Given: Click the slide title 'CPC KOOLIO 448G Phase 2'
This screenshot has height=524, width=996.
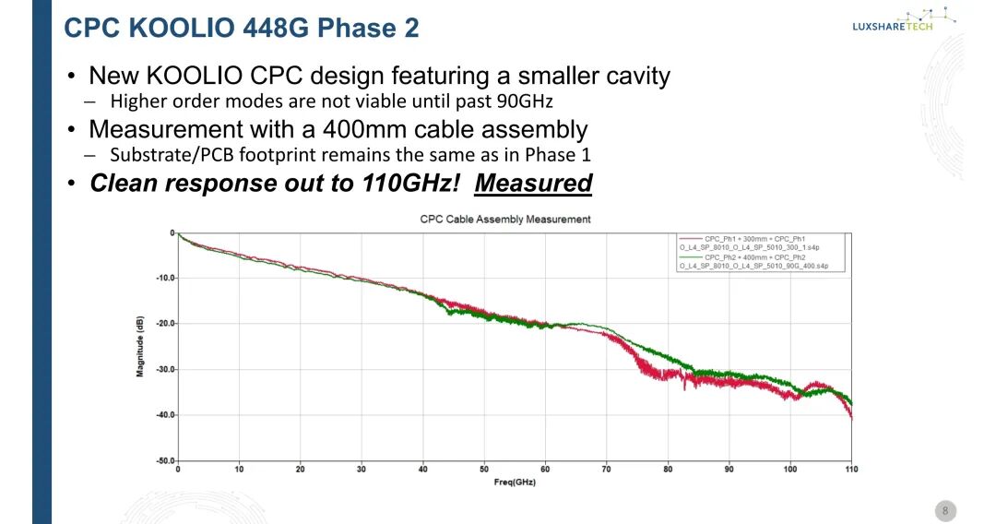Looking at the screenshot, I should point(241,28).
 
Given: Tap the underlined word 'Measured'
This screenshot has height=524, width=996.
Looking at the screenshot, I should point(533,183).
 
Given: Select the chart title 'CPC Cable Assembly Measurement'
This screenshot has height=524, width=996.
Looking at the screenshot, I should point(505,220).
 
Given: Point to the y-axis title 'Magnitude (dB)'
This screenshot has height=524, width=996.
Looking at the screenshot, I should point(140,346).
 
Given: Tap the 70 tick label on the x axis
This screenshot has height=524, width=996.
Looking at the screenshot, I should point(606,470).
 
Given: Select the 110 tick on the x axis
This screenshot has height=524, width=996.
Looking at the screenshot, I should point(850,470).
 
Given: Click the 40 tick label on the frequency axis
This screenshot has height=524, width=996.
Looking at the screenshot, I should point(422,470).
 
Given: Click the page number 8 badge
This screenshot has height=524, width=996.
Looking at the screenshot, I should point(944,510).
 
